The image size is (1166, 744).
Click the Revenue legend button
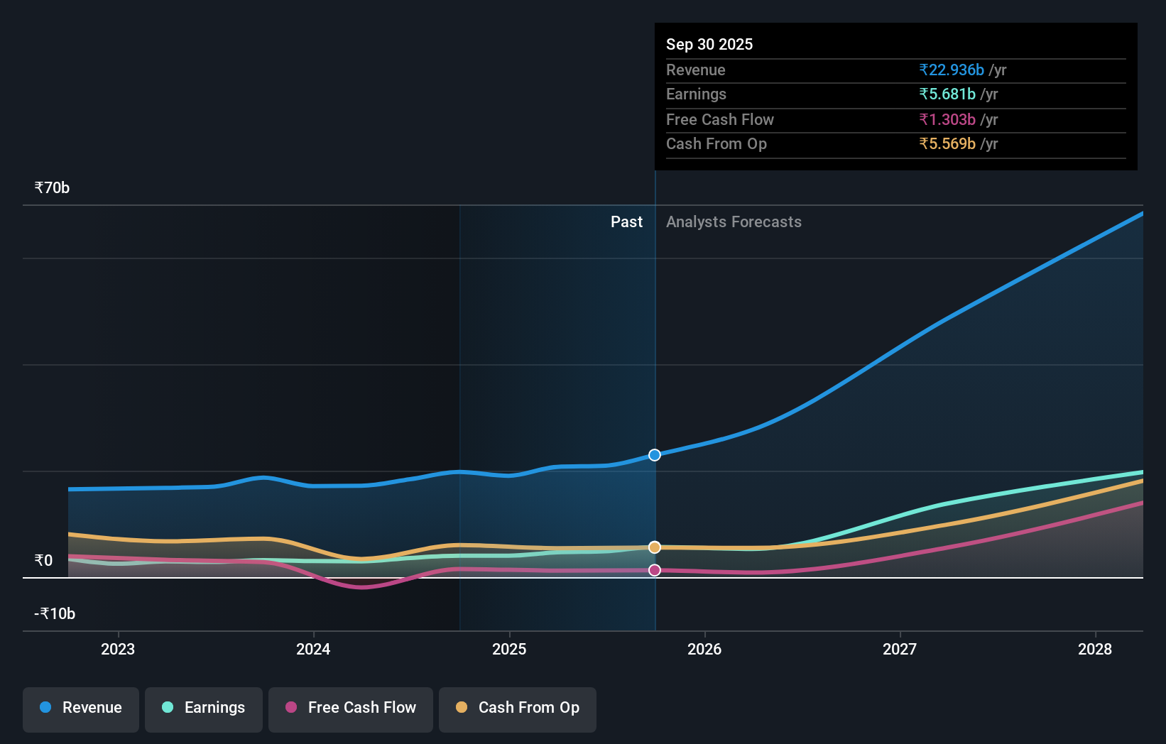coord(81,709)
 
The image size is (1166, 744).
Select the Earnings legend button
coord(204,709)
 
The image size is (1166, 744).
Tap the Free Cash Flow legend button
coord(351,709)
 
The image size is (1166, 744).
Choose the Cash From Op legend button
coord(518,709)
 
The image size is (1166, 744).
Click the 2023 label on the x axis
coord(118,649)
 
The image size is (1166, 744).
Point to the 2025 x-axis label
coord(509,649)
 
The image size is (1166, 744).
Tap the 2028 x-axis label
coord(1095,649)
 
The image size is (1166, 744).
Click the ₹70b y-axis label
coord(52,188)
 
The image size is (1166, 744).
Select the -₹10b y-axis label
coord(55,614)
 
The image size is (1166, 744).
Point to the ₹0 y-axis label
coord(43,561)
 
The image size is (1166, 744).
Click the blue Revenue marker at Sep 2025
coord(655,455)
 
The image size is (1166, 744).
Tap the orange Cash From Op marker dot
coord(655,547)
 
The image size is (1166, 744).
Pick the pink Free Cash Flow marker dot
coord(655,570)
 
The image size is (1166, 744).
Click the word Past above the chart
coord(626,222)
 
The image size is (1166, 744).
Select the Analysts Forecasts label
coord(734,222)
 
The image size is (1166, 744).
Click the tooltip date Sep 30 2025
coord(709,45)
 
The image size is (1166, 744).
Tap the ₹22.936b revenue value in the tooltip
coord(952,70)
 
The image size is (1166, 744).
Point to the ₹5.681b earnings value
coord(947,94)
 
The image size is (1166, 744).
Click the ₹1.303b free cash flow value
coord(947,120)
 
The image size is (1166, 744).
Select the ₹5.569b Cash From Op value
coord(947,144)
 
